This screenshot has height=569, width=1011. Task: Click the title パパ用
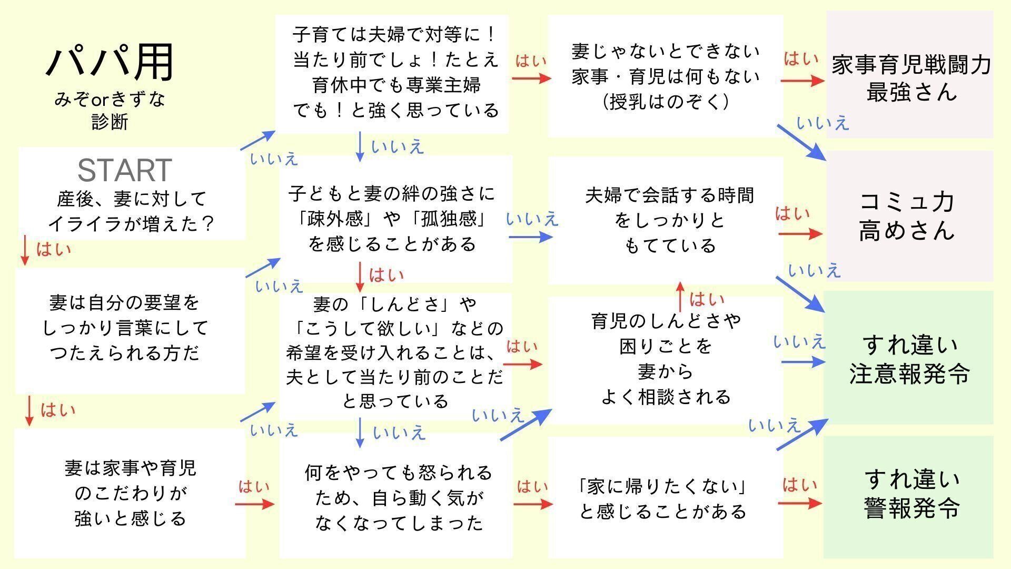point(110,62)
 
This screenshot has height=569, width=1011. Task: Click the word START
point(124,170)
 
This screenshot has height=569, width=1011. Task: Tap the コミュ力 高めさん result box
point(909,216)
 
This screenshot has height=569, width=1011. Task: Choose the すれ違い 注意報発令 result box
point(909,358)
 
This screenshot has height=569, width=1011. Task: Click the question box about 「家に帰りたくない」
point(665,497)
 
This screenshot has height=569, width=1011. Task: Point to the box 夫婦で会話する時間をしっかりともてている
point(666,220)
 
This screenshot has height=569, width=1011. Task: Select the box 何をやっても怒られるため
point(396,496)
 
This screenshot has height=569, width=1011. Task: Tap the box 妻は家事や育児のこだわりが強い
point(130,493)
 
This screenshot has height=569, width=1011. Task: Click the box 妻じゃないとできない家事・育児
point(666,76)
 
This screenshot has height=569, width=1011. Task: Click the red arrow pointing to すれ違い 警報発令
point(799,503)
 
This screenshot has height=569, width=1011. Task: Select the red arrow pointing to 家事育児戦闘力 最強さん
point(802,81)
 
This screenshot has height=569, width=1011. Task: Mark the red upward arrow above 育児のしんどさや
point(680,297)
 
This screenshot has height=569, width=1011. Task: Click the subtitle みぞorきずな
point(110,99)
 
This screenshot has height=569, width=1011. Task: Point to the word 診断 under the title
point(110,122)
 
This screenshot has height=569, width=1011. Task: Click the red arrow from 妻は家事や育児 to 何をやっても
point(254,504)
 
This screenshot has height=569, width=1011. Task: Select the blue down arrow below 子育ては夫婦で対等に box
point(360,146)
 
